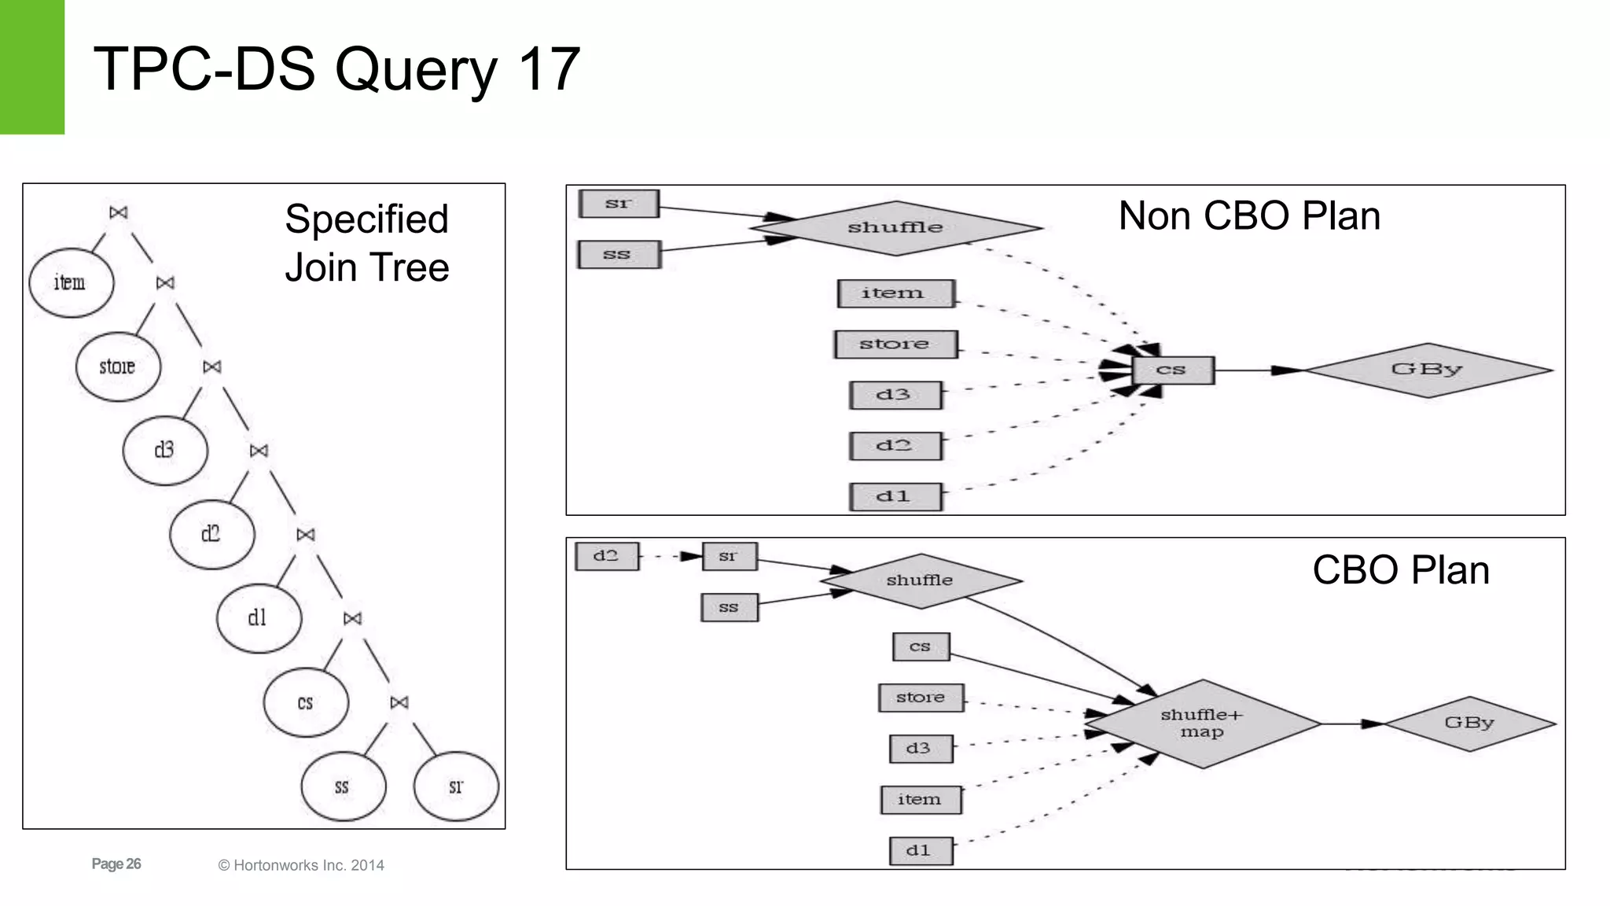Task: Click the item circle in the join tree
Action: click(71, 282)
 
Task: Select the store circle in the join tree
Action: click(118, 366)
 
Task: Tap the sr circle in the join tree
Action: click(456, 786)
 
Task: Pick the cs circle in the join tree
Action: click(306, 702)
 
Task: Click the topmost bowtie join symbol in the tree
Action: click(119, 212)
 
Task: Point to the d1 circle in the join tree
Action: click(259, 618)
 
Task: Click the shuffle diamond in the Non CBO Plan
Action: click(895, 228)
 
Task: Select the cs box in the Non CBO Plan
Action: click(1172, 370)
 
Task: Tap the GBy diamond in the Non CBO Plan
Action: click(1428, 370)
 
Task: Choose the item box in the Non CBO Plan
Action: click(895, 293)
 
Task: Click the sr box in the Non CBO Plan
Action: click(619, 204)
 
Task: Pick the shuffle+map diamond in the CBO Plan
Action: click(1202, 724)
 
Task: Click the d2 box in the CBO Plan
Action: click(606, 556)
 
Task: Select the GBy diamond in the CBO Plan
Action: click(1468, 724)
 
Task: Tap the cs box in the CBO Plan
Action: click(921, 647)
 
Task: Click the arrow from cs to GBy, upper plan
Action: click(1258, 370)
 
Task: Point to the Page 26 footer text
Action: click(116, 864)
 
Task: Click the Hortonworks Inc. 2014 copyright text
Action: click(301, 865)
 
